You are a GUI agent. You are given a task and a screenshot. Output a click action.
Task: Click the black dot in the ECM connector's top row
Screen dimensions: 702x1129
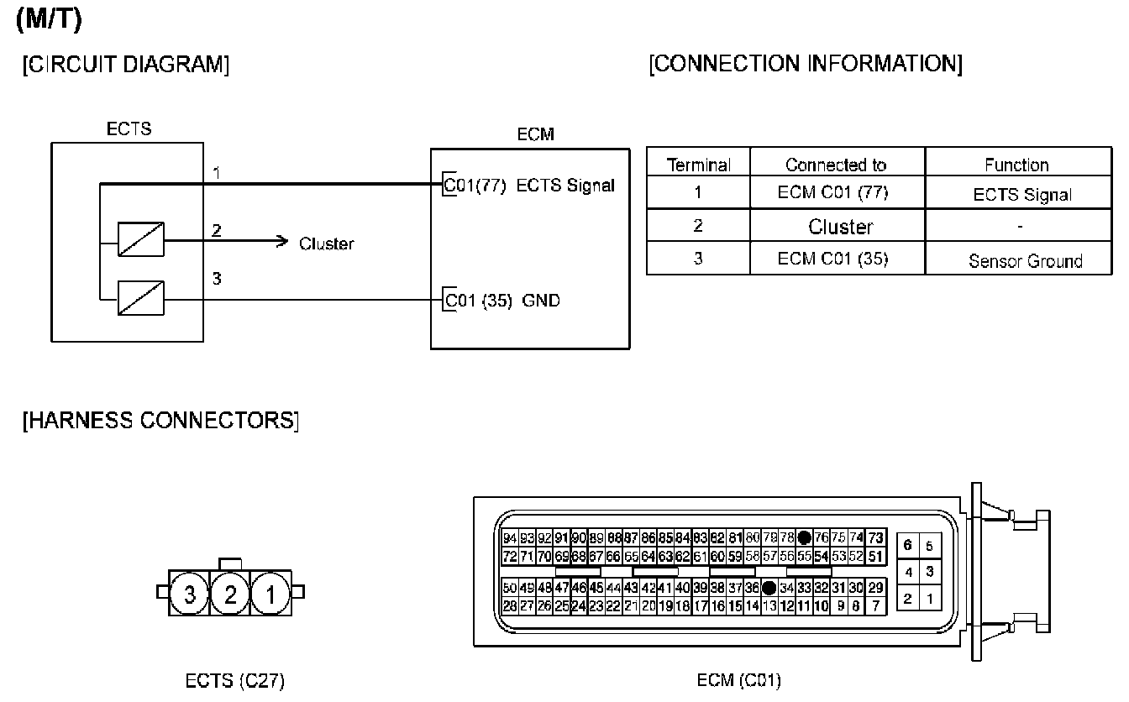pos(805,538)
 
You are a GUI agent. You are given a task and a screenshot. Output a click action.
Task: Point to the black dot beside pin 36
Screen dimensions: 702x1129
pos(768,588)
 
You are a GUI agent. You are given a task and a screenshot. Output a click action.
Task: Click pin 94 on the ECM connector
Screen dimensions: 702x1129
pos(510,538)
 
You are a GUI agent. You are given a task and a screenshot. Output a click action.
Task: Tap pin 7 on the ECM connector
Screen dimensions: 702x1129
pos(876,605)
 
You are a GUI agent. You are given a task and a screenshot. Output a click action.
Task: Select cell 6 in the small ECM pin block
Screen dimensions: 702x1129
pos(907,546)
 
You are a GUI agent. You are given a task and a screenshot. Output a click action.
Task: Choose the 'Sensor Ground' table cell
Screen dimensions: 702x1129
pos(1025,260)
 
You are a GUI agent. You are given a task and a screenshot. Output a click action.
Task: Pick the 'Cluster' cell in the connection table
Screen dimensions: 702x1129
pos(840,227)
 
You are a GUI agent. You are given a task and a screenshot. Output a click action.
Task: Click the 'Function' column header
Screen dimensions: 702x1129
pos(1016,165)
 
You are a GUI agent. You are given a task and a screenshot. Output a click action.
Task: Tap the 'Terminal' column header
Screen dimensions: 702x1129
pos(698,165)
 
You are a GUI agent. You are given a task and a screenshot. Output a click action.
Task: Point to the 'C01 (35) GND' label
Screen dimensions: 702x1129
pos(501,300)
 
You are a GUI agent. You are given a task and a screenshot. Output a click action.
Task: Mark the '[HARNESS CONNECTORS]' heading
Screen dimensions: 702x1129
pos(160,420)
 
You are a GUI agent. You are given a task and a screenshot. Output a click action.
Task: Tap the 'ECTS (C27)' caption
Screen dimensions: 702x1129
pos(234,681)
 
